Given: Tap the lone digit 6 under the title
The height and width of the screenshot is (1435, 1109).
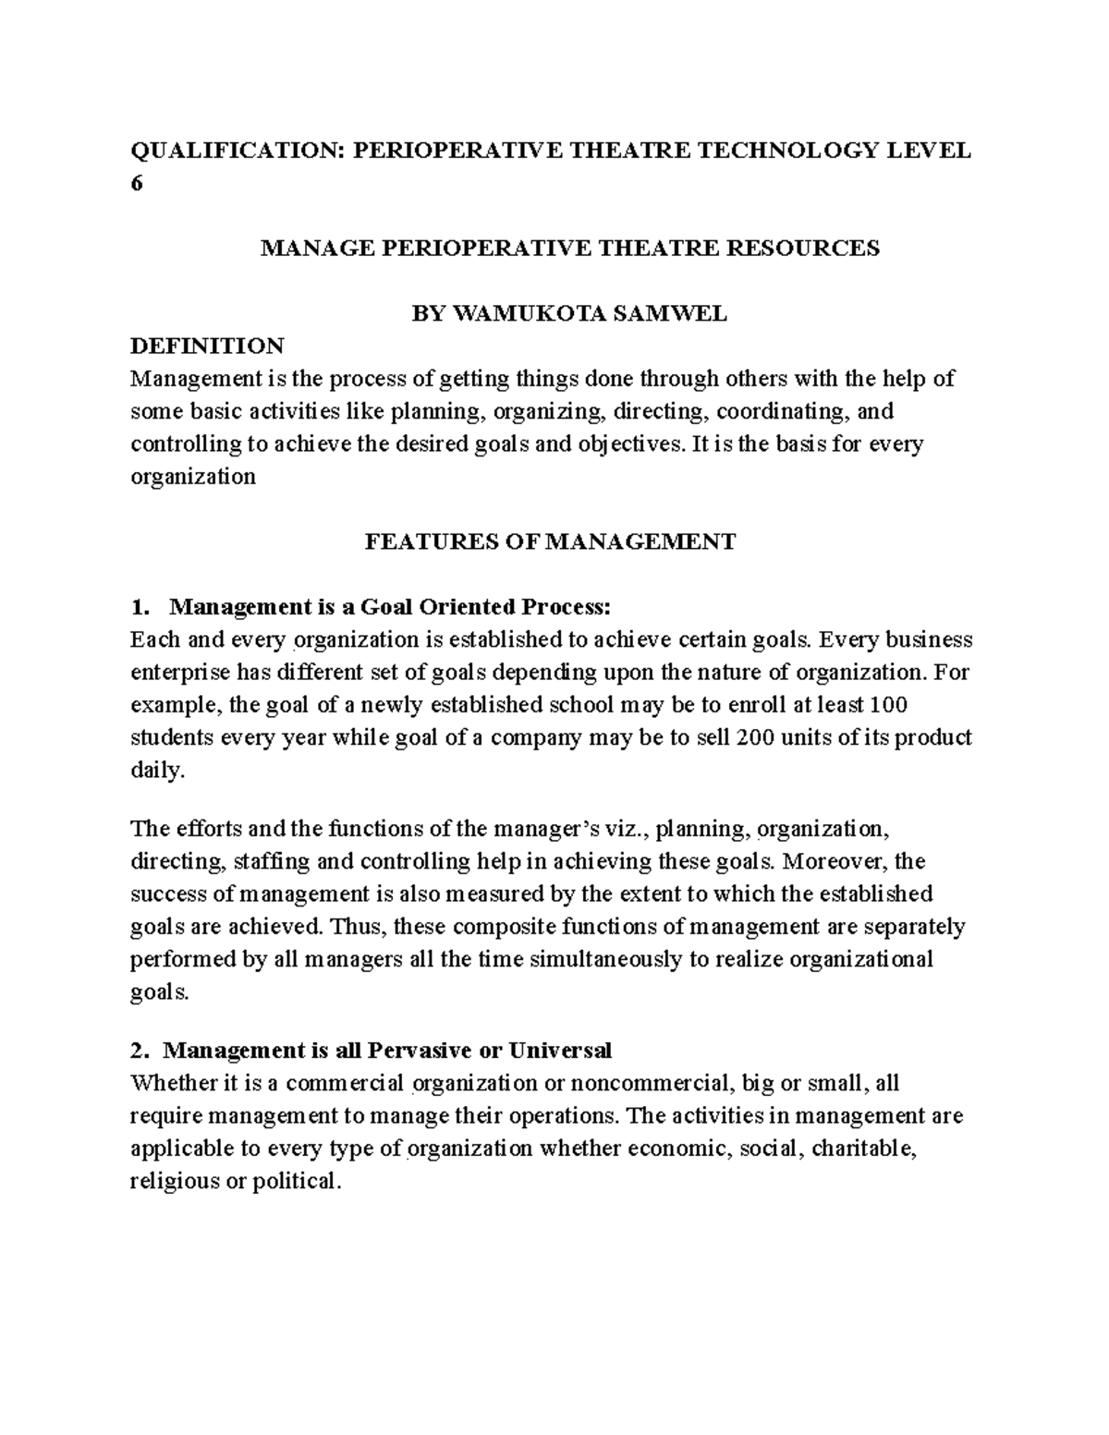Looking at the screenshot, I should tap(137, 183).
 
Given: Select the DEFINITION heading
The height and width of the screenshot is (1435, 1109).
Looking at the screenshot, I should tap(207, 347).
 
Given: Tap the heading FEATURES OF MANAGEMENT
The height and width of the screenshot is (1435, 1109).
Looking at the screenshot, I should tap(551, 541).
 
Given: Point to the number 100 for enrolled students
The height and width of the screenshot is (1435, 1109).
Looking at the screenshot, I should tap(889, 705).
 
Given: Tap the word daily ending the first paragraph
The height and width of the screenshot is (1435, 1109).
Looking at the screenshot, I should tap(157, 771).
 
